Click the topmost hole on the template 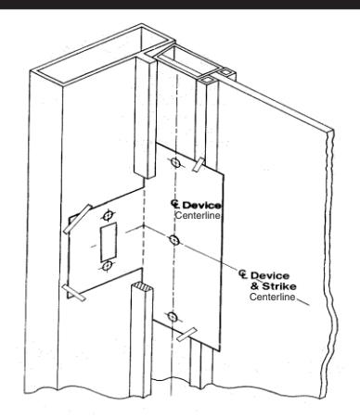[174, 164]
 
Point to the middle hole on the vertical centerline [174, 239]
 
